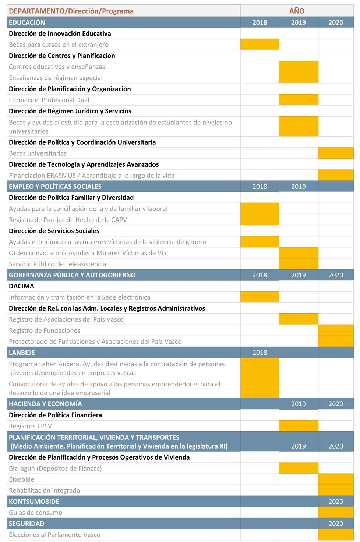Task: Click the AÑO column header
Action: (x=297, y=11)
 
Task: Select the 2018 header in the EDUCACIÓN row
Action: (x=260, y=22)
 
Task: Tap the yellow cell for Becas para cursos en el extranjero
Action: (x=260, y=45)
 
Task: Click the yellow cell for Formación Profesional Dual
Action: (x=298, y=100)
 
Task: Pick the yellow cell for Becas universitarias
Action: (x=336, y=153)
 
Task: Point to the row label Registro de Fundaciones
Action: (x=45, y=330)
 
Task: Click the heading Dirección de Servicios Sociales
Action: (x=54, y=231)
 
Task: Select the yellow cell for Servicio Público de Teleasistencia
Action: (x=298, y=264)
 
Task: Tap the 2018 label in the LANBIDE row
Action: (x=260, y=353)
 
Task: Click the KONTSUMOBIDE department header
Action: (x=34, y=502)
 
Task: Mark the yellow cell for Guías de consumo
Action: (x=336, y=513)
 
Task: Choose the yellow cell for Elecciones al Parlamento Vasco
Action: (x=336, y=535)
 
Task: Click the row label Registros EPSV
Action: (x=31, y=426)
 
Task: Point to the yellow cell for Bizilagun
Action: (x=298, y=468)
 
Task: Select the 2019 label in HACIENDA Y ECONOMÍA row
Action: (x=298, y=404)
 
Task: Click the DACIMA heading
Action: (x=21, y=286)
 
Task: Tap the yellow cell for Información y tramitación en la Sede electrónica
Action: (x=260, y=297)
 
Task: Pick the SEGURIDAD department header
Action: (x=27, y=524)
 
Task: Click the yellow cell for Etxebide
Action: (x=336, y=479)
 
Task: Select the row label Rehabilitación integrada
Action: (x=44, y=490)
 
